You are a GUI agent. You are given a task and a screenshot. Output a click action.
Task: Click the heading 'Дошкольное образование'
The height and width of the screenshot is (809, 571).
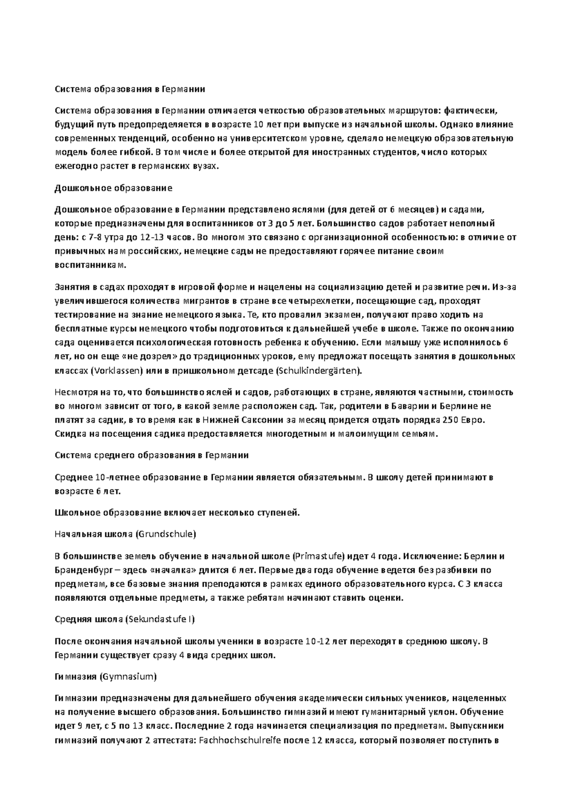(113, 188)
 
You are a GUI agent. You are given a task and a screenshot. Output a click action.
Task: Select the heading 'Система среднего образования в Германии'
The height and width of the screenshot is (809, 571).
(152, 455)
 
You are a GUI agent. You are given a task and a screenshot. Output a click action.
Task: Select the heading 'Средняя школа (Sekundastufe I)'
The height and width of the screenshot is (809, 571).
(125, 619)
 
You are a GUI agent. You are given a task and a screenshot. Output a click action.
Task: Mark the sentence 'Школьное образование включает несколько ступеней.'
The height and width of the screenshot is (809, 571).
(177, 513)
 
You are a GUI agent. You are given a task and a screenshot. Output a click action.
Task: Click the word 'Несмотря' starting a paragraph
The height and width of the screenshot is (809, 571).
(74, 393)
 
